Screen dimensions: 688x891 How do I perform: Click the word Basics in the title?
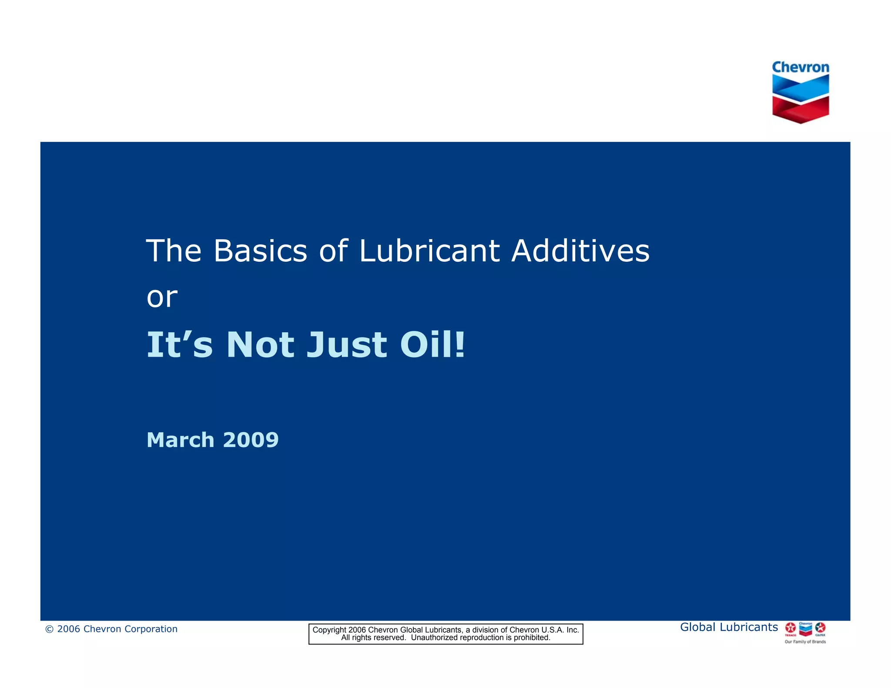point(260,251)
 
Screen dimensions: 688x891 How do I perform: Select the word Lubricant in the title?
point(429,251)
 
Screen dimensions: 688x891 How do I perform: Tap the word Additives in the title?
point(580,251)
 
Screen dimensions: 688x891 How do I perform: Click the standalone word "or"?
point(162,298)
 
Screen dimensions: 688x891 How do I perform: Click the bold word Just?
point(346,345)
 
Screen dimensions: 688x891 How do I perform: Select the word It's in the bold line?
point(180,345)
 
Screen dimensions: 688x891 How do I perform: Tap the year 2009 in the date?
point(251,440)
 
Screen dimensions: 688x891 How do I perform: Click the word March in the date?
point(181,440)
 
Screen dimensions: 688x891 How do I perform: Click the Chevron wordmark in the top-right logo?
point(800,67)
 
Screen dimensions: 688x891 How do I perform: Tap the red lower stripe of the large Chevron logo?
point(801,110)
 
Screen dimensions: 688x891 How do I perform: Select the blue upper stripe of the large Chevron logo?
point(801,88)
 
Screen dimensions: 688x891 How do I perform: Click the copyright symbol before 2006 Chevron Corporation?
point(49,629)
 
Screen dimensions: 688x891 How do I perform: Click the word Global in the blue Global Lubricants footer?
point(697,627)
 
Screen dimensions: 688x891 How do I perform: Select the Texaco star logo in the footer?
point(791,628)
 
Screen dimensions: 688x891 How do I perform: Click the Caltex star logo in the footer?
point(820,628)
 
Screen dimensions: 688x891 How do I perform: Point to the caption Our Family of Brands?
point(805,642)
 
